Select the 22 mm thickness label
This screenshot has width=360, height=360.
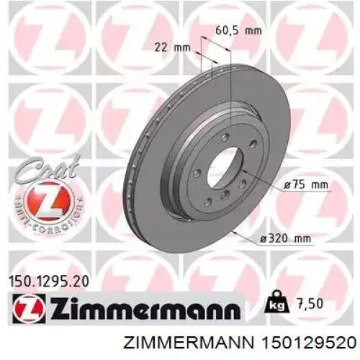click(x=171, y=48)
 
